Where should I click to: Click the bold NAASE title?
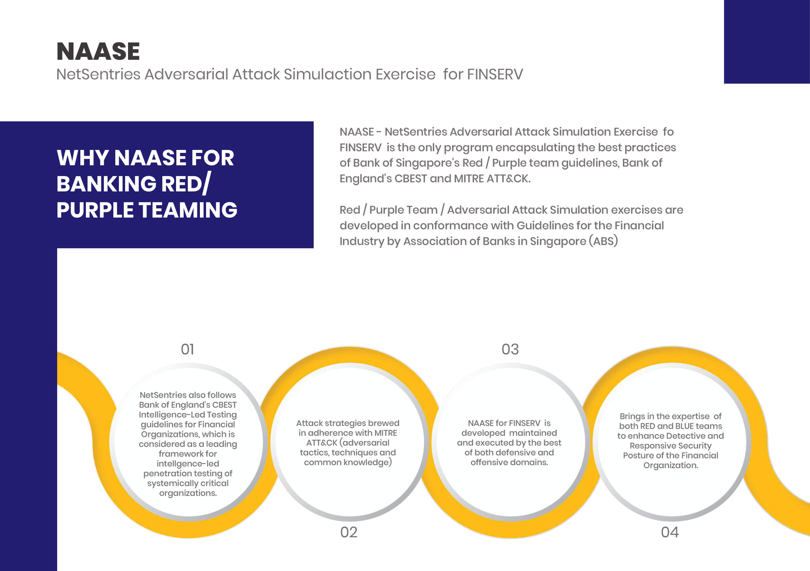(98, 52)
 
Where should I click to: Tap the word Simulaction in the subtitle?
(327, 74)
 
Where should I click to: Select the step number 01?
(187, 350)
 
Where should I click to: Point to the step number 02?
(348, 532)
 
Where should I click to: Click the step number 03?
(510, 350)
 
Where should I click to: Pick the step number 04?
(670, 532)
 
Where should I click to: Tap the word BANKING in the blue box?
(106, 184)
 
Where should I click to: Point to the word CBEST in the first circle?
(224, 405)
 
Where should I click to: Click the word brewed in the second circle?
(383, 423)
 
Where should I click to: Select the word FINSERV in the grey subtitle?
(495, 74)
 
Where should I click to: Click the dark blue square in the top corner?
(767, 41)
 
